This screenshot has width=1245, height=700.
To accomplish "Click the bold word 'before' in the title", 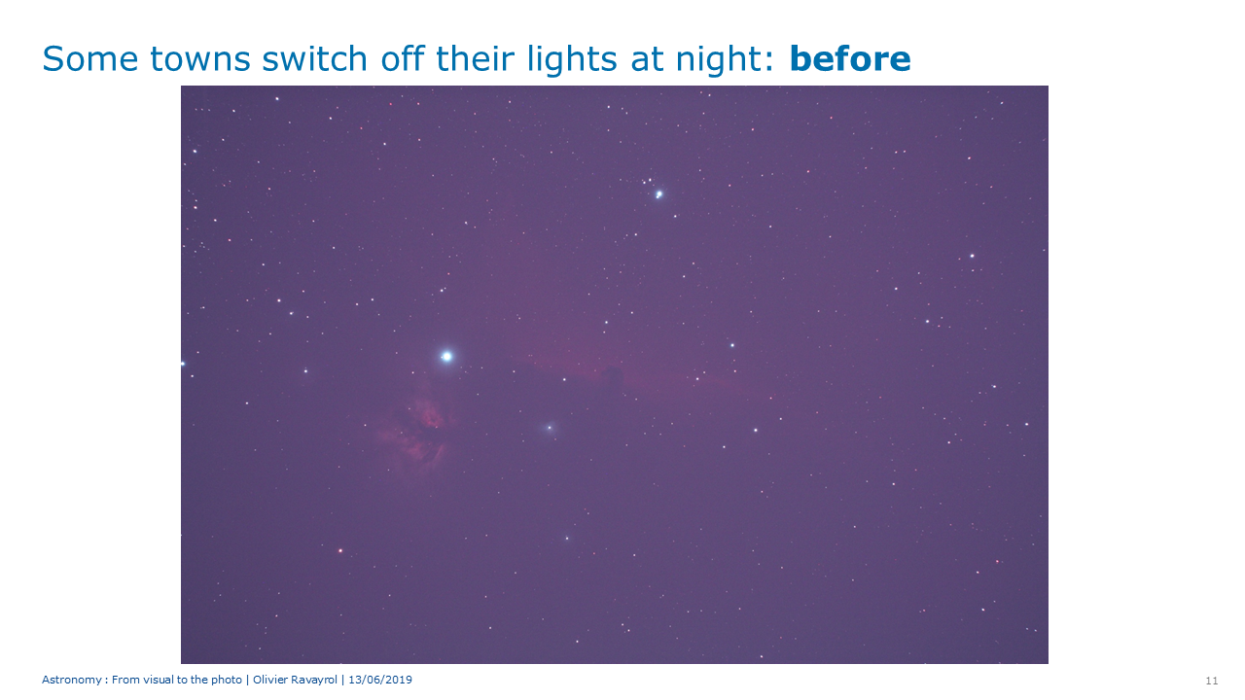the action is point(850,59).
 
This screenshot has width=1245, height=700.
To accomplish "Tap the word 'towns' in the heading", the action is point(200,60).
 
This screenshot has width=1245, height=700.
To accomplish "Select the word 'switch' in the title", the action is point(314,59).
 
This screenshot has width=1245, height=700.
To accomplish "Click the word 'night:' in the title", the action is point(725,61).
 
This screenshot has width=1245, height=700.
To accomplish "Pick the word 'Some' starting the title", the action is point(90,59).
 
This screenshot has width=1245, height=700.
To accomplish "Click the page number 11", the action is point(1212,681).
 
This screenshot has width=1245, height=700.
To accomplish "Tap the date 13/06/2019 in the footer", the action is point(380,680).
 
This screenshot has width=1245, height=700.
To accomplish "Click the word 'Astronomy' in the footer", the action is point(72,680).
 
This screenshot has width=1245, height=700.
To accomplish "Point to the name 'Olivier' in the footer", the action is point(270,680).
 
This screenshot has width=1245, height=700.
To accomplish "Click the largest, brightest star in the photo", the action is point(446,356).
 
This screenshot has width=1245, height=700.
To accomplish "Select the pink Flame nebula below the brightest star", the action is point(417,431).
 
